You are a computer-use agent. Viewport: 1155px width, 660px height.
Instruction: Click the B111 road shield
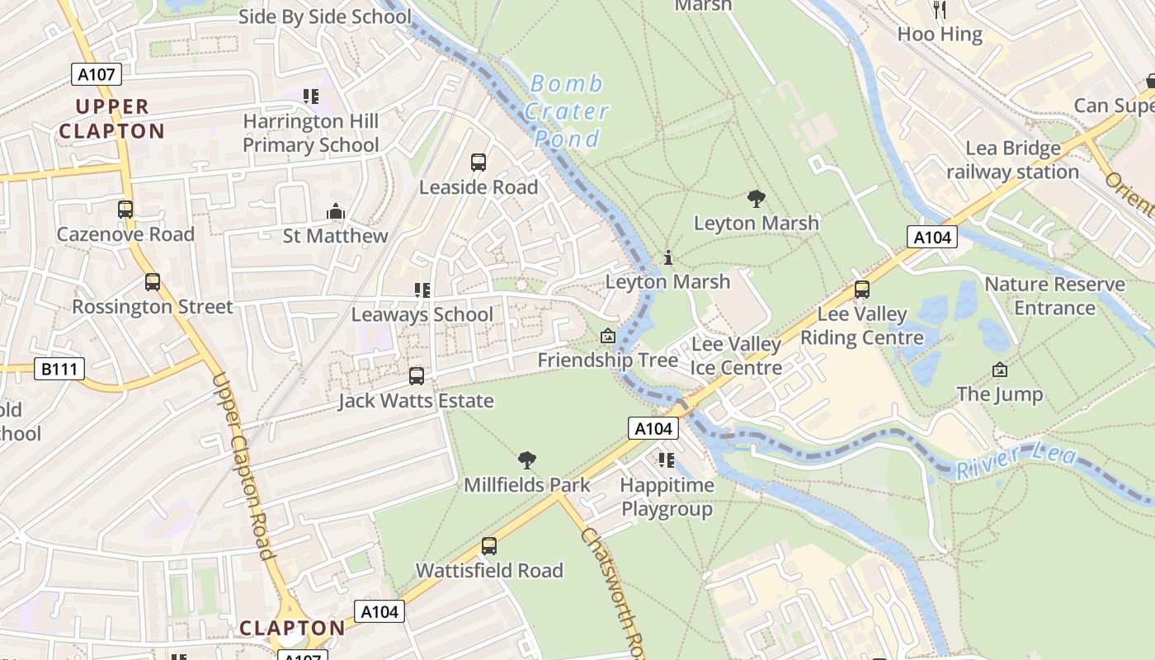(59, 368)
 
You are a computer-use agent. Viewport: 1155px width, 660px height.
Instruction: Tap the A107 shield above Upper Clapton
(97, 74)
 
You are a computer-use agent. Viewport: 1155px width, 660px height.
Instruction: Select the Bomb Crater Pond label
(568, 111)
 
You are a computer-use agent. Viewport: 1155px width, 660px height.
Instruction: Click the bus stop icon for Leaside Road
(478, 163)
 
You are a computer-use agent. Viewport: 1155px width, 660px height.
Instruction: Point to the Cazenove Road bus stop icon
(125, 210)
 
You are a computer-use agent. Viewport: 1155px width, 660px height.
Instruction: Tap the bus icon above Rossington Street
(153, 282)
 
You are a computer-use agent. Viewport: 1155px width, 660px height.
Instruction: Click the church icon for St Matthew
(335, 212)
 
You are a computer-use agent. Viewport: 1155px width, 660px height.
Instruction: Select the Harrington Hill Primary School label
(311, 133)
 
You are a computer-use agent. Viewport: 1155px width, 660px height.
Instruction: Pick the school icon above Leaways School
(422, 290)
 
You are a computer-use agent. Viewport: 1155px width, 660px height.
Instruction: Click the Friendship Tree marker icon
(608, 336)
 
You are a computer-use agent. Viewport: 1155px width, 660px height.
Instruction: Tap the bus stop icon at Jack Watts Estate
(417, 376)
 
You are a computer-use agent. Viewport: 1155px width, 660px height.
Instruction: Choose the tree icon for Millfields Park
(527, 460)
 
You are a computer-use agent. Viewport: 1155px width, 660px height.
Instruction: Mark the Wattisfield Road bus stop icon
(489, 545)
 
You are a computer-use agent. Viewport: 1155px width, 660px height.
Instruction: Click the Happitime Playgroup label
(667, 497)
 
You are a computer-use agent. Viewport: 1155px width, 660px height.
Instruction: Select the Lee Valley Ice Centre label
(736, 356)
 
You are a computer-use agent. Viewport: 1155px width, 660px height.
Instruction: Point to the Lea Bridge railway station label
(1012, 160)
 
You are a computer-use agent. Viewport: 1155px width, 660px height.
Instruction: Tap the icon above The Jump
(1000, 370)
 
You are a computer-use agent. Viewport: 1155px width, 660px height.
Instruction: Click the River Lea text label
(1016, 461)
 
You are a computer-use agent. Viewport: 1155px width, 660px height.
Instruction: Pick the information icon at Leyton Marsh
(667, 257)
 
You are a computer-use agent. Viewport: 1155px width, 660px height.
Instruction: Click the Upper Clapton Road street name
(243, 466)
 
